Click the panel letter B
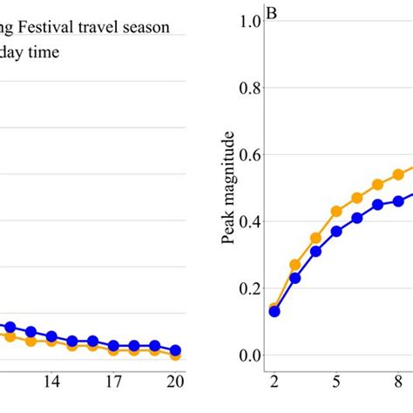(272, 14)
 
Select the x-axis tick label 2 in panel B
(274, 382)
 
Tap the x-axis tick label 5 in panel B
(336, 382)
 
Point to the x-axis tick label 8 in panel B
(398, 382)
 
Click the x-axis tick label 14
(51, 382)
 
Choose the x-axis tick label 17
(113, 382)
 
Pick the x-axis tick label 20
(174, 382)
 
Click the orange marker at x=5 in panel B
(336, 212)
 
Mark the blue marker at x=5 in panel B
(336, 232)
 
